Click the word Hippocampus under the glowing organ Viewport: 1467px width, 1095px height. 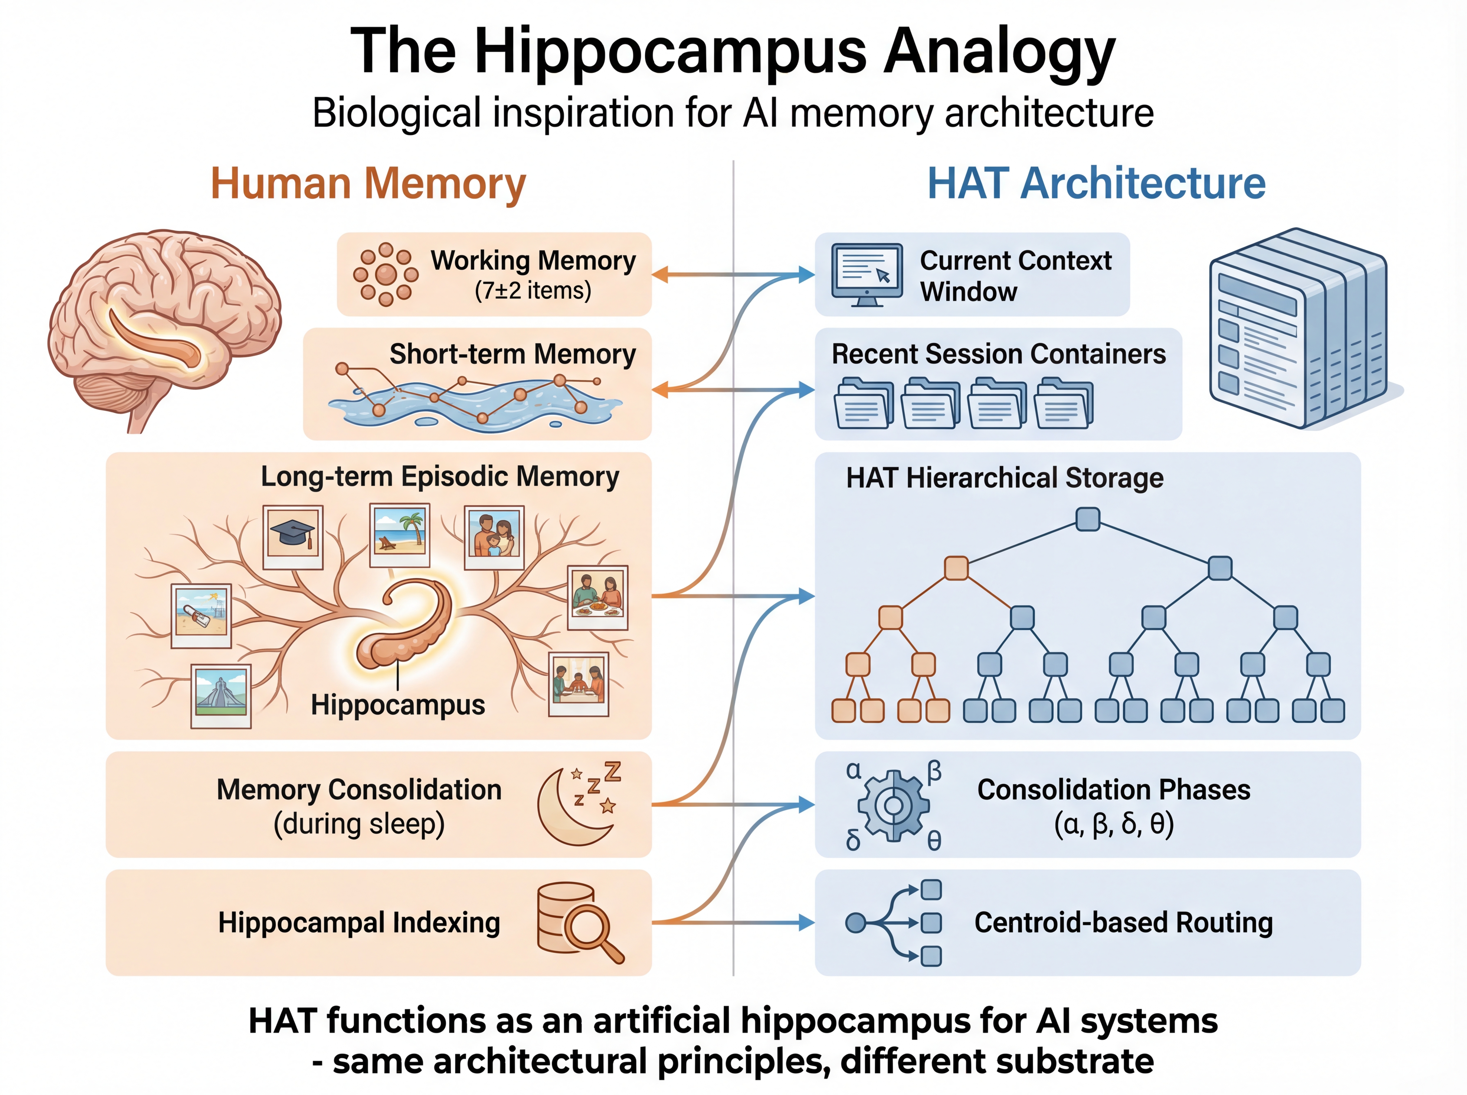398,705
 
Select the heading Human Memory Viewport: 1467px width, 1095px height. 368,184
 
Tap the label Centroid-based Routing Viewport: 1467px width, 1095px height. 1123,923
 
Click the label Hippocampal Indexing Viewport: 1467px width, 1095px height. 359,923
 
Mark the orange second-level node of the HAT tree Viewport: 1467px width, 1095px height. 956,568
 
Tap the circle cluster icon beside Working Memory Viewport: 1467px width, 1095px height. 386,274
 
